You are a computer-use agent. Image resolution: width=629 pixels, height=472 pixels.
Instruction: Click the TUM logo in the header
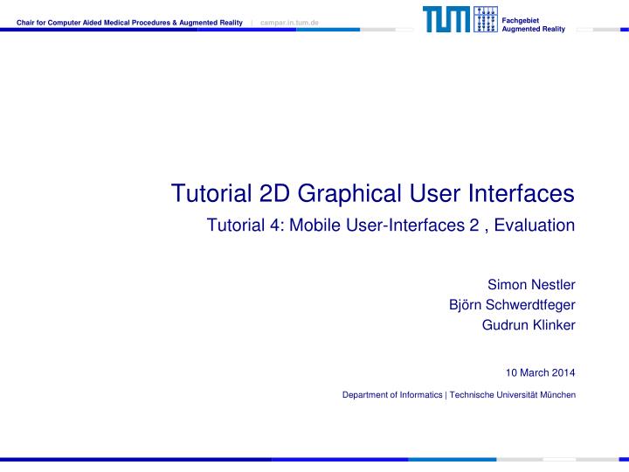click(x=447, y=20)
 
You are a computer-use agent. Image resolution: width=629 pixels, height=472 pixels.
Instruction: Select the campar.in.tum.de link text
click(x=290, y=22)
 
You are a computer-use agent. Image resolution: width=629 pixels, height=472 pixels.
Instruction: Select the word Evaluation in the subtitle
click(x=534, y=225)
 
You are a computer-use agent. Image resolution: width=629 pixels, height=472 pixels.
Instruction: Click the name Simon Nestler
click(x=530, y=284)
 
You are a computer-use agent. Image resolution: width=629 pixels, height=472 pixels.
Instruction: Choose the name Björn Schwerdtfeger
click(x=511, y=304)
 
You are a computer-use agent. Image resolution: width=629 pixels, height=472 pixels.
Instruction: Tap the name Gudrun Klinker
click(x=529, y=325)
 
